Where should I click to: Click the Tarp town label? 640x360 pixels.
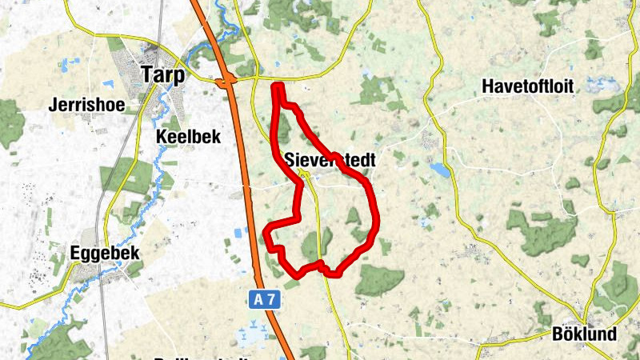click(162, 74)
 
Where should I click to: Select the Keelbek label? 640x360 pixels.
click(188, 137)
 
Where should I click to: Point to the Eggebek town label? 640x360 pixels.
click(105, 253)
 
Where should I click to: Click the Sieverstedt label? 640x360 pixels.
click(330, 160)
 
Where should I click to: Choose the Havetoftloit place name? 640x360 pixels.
click(528, 87)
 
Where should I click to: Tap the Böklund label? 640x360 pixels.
click(584, 334)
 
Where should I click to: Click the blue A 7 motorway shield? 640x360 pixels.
click(266, 299)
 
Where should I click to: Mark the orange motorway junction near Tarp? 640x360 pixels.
click(227, 79)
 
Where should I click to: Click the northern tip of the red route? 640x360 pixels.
click(278, 86)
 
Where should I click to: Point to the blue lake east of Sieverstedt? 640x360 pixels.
click(439, 170)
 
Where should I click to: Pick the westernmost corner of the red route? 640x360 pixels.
click(266, 233)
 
